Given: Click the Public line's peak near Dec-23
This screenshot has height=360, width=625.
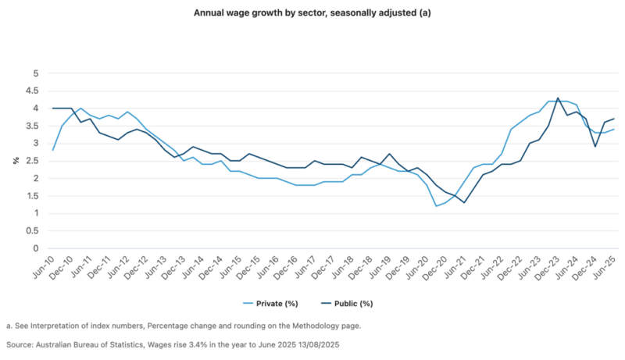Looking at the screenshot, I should tap(558, 98).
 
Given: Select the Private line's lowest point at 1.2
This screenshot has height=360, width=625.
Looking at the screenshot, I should tap(436, 206).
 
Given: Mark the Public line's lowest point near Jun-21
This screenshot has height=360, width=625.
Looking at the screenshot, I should tap(464, 203).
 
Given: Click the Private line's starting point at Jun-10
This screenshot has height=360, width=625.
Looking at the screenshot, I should tap(52, 150).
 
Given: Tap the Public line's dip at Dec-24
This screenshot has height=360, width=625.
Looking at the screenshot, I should tap(595, 147).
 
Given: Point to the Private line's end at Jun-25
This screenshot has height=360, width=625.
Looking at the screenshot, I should tap(614, 130).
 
